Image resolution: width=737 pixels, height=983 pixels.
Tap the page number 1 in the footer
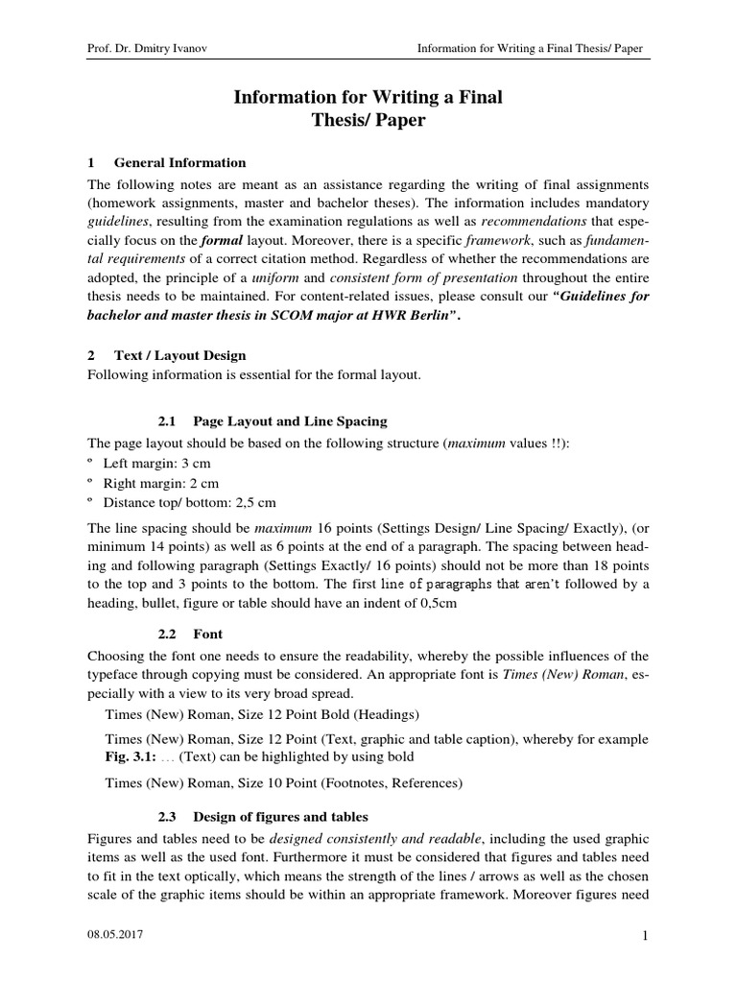(646, 948)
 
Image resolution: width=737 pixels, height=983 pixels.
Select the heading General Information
(179, 162)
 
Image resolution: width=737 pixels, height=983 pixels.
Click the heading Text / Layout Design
(180, 355)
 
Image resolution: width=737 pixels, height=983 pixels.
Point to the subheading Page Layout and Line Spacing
(290, 421)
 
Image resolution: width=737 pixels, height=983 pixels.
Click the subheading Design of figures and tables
(280, 817)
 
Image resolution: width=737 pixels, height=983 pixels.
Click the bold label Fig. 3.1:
(130, 756)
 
